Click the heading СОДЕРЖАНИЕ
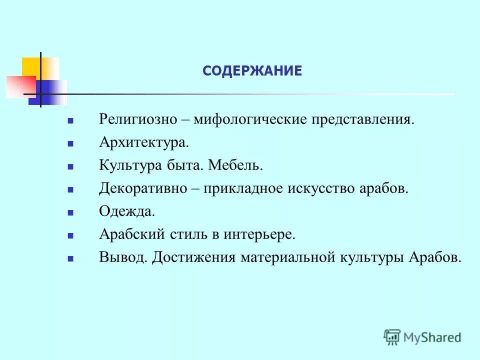coord(252,71)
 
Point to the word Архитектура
coord(144,143)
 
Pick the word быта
coord(184,165)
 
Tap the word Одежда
coord(127,211)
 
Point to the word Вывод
coord(123,257)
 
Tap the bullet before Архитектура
coord(70,144)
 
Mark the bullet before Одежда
coord(70,212)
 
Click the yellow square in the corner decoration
coord(31,67)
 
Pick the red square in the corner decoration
coord(20,86)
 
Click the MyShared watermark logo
coord(423,337)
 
